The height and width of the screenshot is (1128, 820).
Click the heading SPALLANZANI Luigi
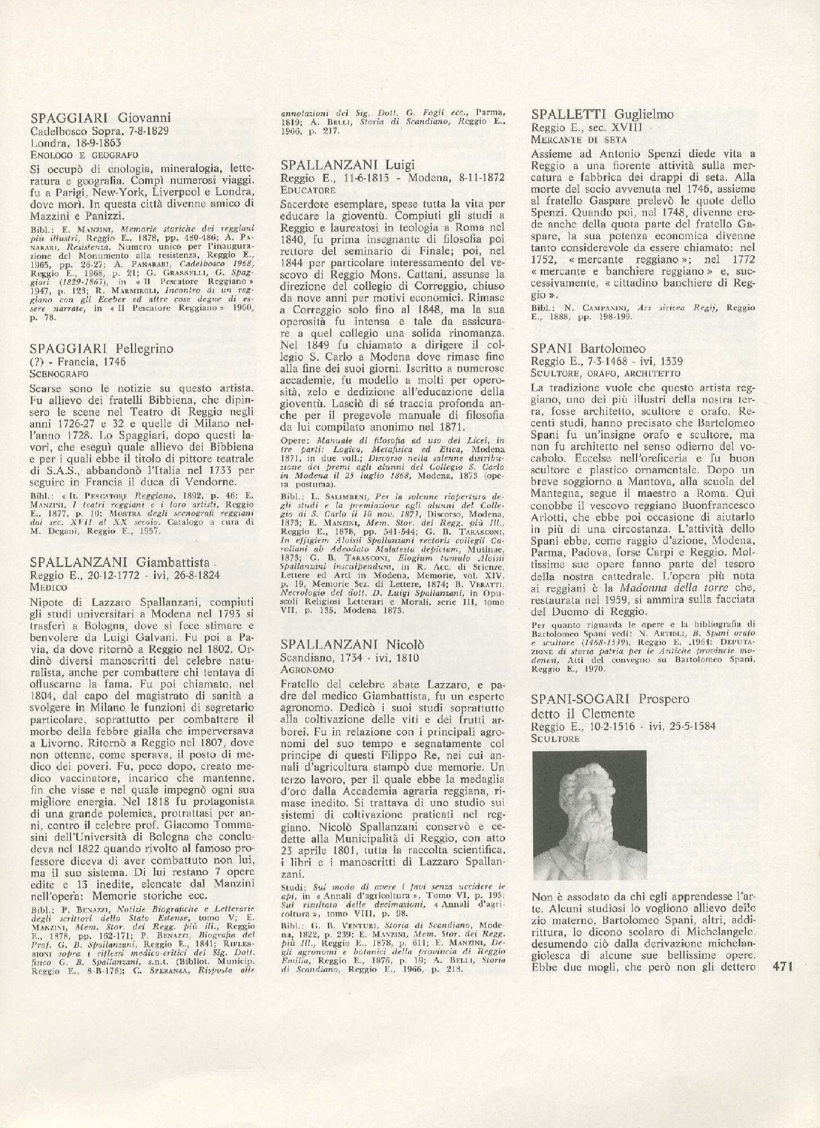[348, 165]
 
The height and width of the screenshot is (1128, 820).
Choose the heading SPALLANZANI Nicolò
[352, 645]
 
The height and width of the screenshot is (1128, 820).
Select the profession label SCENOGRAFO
[59, 373]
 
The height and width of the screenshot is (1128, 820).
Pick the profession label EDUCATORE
[308, 190]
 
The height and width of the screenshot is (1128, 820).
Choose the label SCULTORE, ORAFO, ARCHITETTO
[606, 373]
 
